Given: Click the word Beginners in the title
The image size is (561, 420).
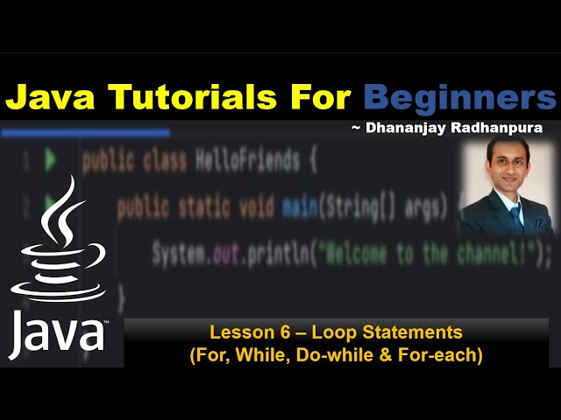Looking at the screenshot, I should point(460,95).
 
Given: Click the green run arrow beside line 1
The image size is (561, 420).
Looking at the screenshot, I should point(50,160).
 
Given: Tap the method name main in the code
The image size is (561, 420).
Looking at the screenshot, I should point(300,208).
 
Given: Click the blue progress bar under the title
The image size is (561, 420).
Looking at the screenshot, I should point(85,133).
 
